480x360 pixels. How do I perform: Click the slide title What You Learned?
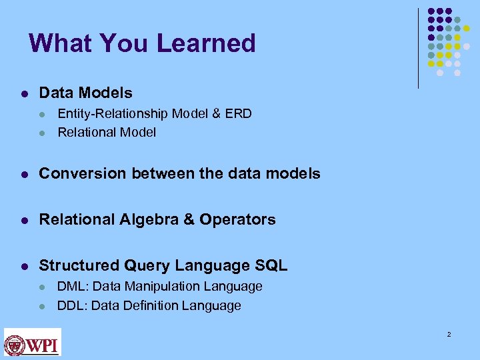tap(142, 43)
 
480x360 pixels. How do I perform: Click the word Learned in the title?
tap(207, 43)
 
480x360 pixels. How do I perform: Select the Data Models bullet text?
tap(85, 93)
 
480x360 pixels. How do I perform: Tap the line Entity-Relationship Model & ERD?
tap(154, 113)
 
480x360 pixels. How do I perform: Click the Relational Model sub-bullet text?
tap(107, 132)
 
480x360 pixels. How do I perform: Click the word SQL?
tap(271, 265)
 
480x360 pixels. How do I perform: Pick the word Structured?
tap(79, 265)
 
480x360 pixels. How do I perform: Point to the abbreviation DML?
tap(71, 286)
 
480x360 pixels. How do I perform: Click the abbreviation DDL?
tap(71, 305)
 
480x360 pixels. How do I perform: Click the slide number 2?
tap(449, 333)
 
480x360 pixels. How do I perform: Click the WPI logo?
tap(33, 342)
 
